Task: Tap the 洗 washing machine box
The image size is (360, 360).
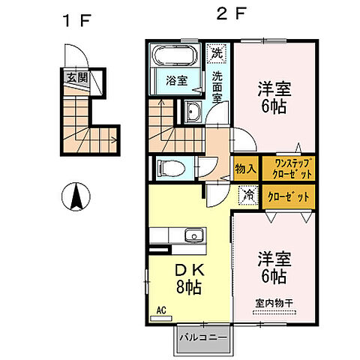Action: (x=217, y=54)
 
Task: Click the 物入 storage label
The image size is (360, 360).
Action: (x=246, y=168)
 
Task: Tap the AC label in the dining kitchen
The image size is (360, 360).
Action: (x=161, y=308)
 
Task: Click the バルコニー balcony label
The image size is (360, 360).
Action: (x=202, y=339)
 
